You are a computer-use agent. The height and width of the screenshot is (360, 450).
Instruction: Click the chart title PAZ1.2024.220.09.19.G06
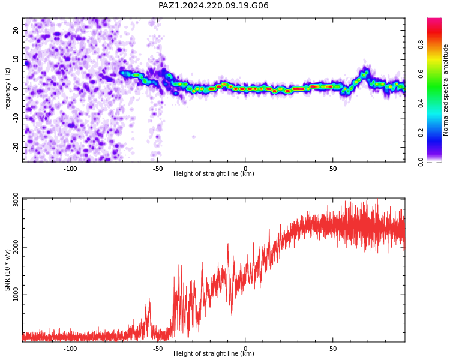tap(213, 5)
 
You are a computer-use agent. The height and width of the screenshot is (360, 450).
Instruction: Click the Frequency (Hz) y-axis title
tap(7, 90)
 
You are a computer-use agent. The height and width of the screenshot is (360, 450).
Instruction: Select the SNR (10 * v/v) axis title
tap(7, 270)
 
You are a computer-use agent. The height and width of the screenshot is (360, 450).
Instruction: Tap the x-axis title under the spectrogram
tap(214, 173)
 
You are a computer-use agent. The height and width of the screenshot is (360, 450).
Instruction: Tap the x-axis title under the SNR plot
tap(214, 353)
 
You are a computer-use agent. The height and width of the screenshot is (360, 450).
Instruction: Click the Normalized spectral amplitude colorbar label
tap(445, 90)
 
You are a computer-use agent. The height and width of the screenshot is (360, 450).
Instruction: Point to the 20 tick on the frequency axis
tap(16, 30)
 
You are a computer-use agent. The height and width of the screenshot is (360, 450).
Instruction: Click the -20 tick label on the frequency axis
tap(16, 148)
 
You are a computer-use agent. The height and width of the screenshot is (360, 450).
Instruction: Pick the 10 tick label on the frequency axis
tap(16, 59)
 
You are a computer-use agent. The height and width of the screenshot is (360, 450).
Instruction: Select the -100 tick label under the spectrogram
tap(70, 169)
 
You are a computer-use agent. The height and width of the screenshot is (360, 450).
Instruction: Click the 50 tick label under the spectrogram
tap(333, 169)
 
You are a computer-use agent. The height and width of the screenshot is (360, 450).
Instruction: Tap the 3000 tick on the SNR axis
tap(16, 199)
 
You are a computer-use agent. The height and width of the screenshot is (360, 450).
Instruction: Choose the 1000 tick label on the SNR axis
tap(16, 295)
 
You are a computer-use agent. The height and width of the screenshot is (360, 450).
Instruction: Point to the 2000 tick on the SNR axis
tap(16, 247)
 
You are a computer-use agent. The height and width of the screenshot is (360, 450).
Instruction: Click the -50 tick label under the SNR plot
tap(158, 349)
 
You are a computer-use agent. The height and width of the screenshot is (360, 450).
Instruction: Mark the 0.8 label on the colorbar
tap(421, 44)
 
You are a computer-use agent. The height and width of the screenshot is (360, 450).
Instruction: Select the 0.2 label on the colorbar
tap(421, 133)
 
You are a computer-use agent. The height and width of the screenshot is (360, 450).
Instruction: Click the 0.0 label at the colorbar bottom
tap(421, 162)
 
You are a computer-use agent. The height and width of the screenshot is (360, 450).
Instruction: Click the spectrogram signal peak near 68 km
tap(365, 72)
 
